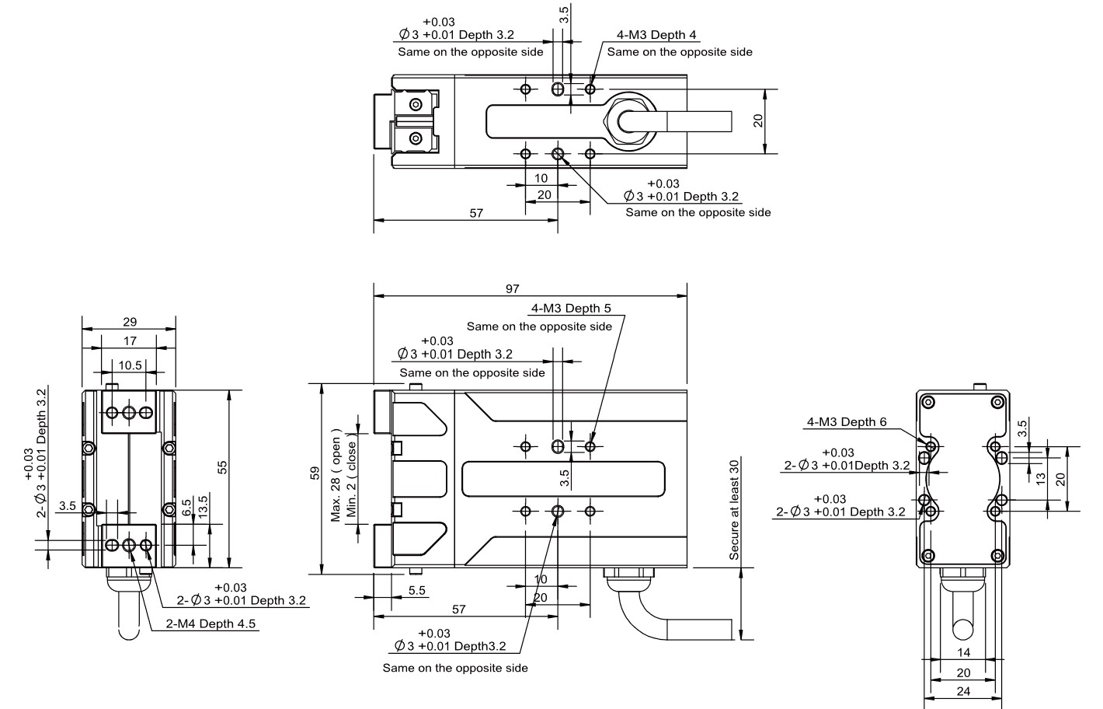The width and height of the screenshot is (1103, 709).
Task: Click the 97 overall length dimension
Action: (512, 288)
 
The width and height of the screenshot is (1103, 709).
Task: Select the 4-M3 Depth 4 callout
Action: (656, 35)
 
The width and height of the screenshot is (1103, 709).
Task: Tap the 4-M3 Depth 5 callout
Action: (571, 309)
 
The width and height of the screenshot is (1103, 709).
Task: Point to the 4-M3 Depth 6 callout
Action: (847, 422)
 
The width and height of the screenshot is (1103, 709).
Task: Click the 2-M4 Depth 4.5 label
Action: (211, 623)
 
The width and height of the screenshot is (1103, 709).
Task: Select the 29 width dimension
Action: (130, 322)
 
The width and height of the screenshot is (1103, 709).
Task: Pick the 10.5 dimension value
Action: (130, 365)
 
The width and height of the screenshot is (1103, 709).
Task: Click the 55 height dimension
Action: (223, 467)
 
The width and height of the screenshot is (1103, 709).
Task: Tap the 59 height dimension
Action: (315, 473)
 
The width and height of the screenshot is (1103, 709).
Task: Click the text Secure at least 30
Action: (734, 510)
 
